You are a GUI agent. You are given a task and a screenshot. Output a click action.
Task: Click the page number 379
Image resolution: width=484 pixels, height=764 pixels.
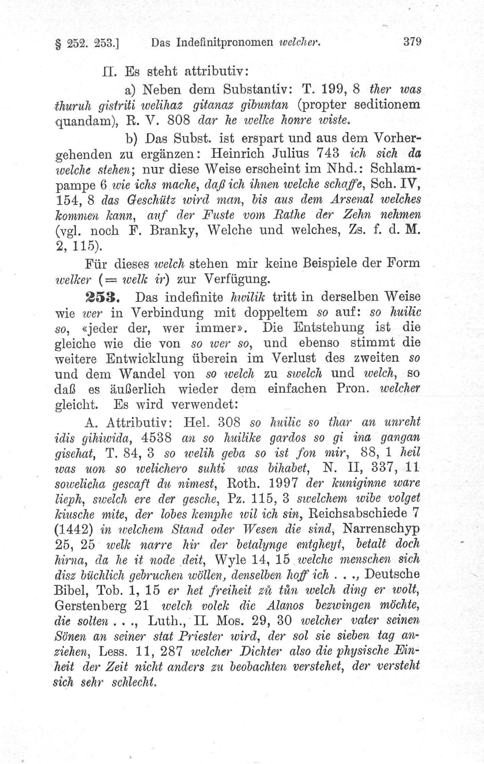click(412, 42)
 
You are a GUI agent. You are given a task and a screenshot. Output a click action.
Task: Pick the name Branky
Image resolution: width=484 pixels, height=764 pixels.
click(170, 230)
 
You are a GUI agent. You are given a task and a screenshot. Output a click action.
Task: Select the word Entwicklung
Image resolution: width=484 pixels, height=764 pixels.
click(145, 358)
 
